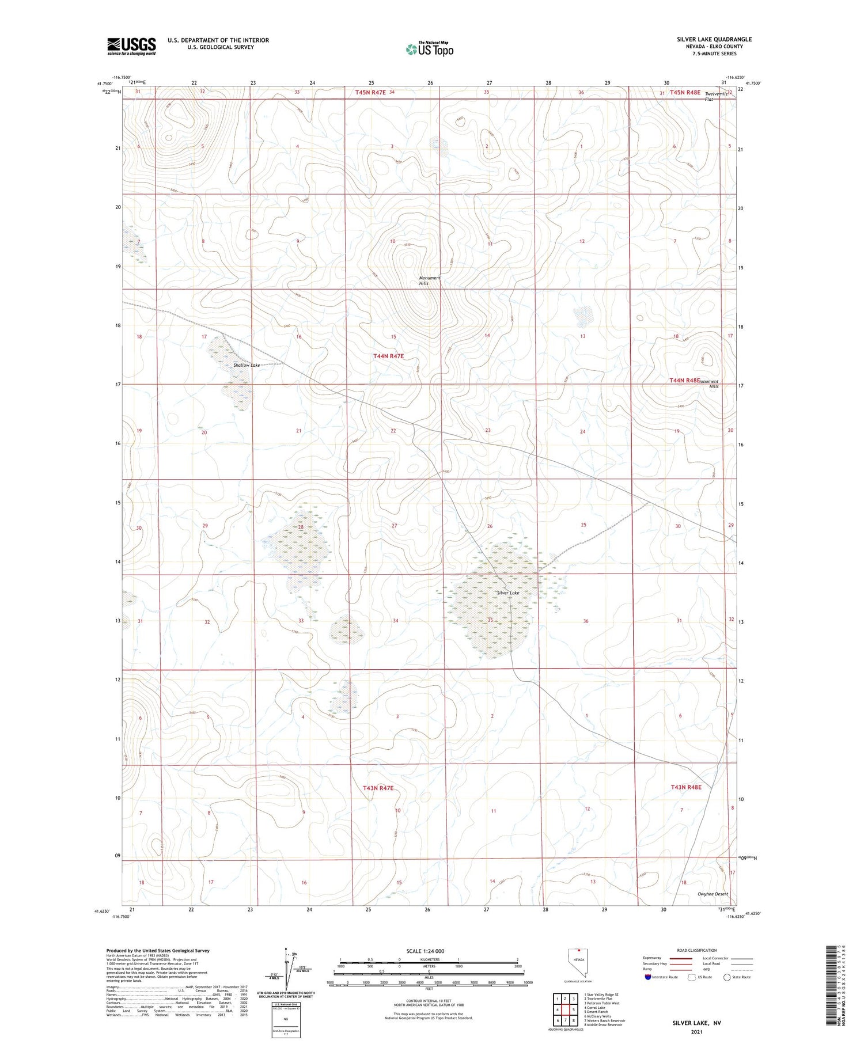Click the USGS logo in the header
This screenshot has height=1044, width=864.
(131, 46)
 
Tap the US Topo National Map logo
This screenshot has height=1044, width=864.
(429, 49)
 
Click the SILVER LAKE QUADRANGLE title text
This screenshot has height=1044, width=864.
(714, 39)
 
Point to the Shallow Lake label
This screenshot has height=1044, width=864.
(247, 365)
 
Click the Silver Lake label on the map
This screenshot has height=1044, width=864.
(508, 593)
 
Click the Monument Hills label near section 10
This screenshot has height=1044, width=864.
(429, 280)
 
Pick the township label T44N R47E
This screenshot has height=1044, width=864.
(388, 356)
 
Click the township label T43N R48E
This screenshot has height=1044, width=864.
(686, 787)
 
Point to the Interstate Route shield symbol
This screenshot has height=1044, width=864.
(647, 977)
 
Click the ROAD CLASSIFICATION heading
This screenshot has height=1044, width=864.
(696, 950)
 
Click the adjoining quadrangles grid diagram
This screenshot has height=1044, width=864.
(566, 1009)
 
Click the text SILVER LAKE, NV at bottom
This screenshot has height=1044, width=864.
(696, 1023)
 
